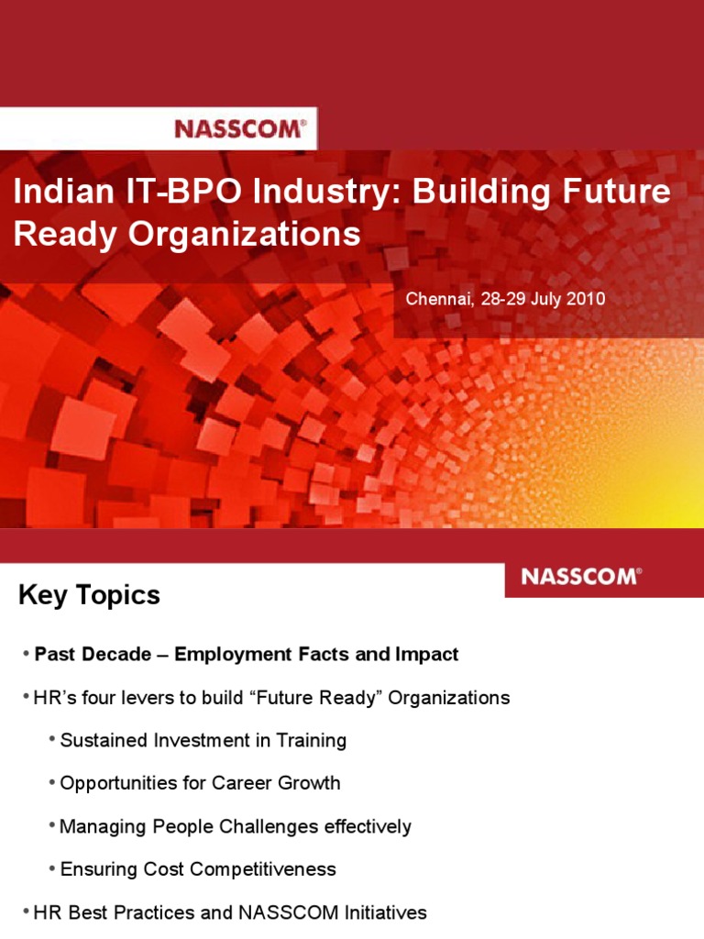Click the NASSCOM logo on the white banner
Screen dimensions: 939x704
240,128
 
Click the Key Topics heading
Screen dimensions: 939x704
89,595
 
